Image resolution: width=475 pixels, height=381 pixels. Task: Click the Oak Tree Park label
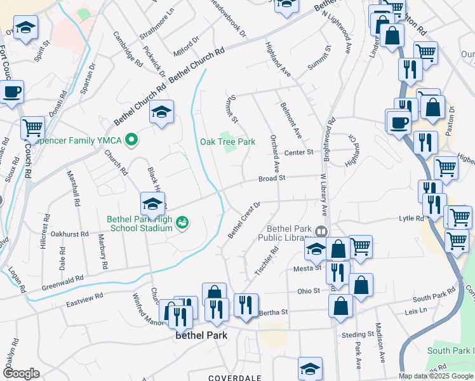[228, 142]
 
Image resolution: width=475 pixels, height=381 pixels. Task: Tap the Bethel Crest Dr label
[244, 220]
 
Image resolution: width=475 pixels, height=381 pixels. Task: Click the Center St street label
[299, 152]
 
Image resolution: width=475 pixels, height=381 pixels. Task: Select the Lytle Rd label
[411, 218]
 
